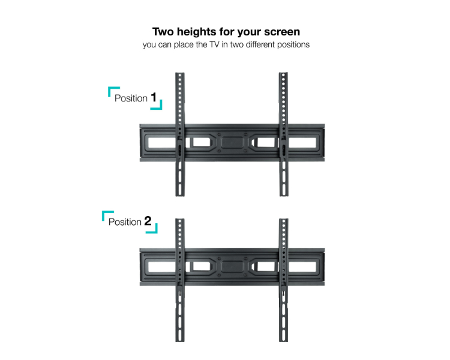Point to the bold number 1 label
154,97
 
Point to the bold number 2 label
148,221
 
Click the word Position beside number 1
131,98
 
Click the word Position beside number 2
125,222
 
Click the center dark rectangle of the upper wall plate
232,143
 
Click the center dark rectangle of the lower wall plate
232,266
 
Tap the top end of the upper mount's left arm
180,73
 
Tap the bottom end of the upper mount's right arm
284,196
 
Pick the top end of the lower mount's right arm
284,220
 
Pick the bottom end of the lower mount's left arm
180,340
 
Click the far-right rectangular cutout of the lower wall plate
302,266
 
